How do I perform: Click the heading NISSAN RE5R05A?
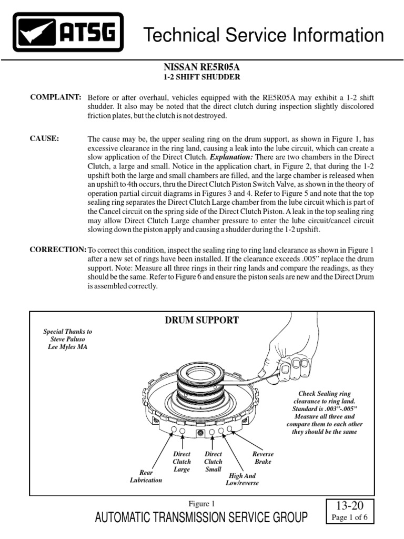pyautogui.click(x=202, y=67)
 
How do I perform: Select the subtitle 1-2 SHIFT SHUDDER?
pyautogui.click(x=202, y=77)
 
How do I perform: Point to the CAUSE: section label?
pyautogui.click(x=45, y=138)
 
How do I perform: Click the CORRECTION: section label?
pyautogui.click(x=58, y=249)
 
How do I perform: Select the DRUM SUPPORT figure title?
pyautogui.click(x=202, y=320)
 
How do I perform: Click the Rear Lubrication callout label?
pyautogui.click(x=147, y=476)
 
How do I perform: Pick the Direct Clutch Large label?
pyautogui.click(x=181, y=462)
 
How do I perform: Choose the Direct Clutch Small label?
pyautogui.click(x=213, y=462)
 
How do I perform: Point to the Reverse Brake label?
pyautogui.click(x=263, y=457)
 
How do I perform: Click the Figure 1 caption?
pyautogui.click(x=201, y=503)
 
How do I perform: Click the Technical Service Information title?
pyautogui.click(x=264, y=36)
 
